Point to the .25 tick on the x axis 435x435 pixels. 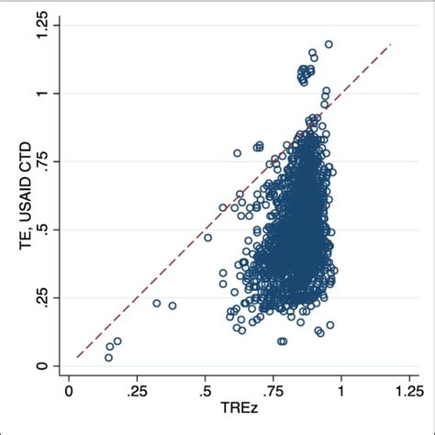pos(138,389)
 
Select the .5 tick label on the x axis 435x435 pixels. pos(206,389)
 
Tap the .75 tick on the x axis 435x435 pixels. pos(273,389)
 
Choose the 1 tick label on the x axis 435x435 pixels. pos(341,389)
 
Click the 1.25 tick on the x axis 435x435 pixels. pos(409,389)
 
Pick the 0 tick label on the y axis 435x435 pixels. pos(41,365)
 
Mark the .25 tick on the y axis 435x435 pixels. pos(41,297)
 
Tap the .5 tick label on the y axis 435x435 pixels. pos(41,229)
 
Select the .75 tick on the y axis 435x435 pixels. pos(41,162)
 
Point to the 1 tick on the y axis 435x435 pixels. pos(41,94)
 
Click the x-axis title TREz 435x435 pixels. pos(240,407)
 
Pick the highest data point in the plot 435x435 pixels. pos(329,44)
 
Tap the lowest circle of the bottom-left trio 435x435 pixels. pos(108,357)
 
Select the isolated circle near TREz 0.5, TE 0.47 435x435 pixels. pos(207,238)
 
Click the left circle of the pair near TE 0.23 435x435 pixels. pos(156,303)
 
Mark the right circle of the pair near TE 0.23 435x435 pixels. pos(173,306)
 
